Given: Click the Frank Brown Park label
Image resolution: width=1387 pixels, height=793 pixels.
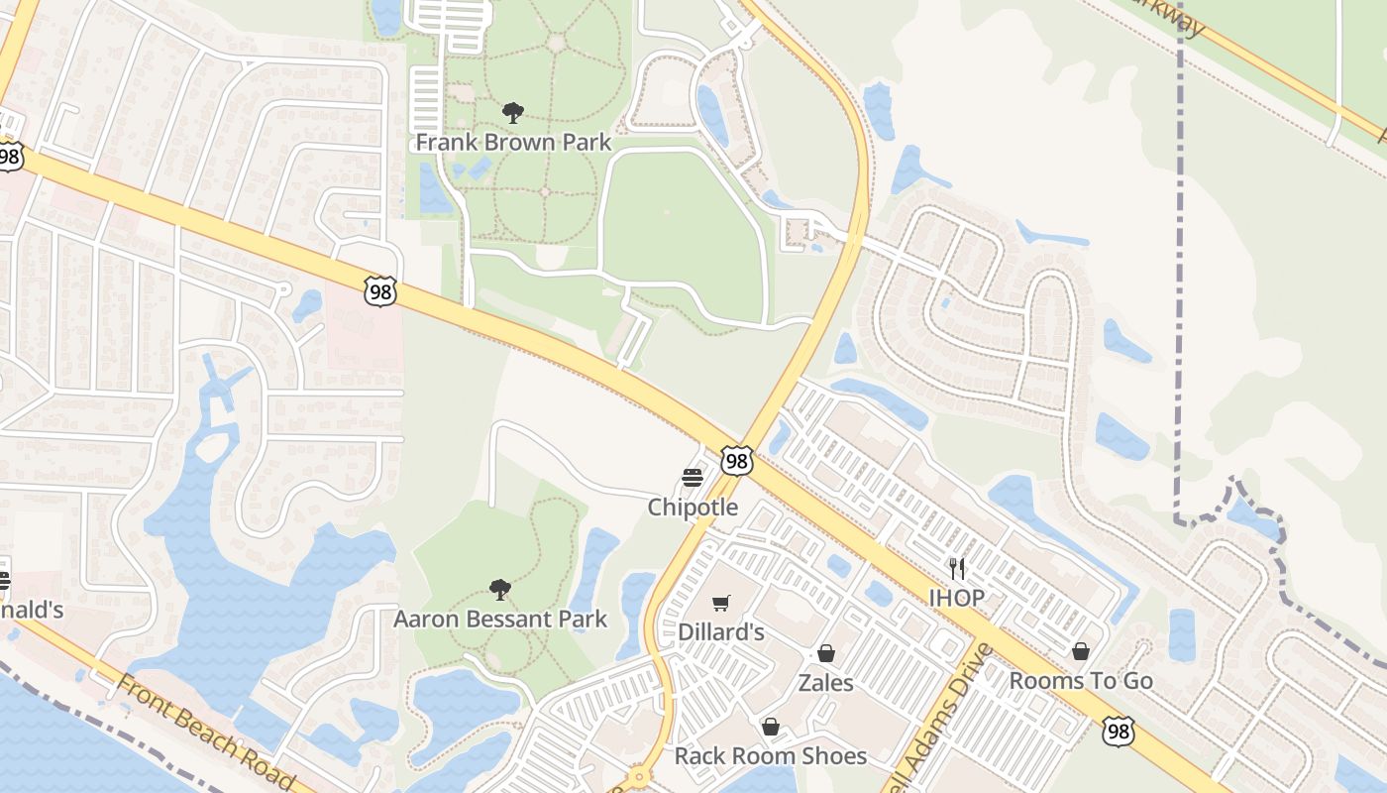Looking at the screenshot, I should click(x=513, y=143).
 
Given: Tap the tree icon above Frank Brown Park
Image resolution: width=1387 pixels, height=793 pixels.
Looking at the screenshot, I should click(x=512, y=112).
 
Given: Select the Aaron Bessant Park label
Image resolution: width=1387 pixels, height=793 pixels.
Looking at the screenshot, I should click(x=500, y=620).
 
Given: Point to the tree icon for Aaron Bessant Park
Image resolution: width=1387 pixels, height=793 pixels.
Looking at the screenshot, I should click(x=500, y=590).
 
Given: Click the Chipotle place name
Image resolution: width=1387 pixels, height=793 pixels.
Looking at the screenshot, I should click(x=693, y=508).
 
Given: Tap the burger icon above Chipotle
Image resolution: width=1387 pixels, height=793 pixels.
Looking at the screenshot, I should click(x=693, y=479).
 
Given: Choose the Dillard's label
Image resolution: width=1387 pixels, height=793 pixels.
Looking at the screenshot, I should click(x=721, y=632).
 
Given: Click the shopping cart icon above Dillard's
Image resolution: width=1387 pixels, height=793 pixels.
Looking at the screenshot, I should click(x=721, y=604).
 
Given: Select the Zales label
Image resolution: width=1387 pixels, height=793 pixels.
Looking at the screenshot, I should click(x=826, y=683).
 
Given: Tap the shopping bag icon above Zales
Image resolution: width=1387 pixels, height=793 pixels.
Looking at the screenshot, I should click(x=826, y=654).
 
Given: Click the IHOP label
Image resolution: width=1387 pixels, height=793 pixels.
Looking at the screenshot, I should click(x=956, y=598).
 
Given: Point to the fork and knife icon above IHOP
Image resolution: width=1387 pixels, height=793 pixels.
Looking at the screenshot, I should click(x=956, y=569).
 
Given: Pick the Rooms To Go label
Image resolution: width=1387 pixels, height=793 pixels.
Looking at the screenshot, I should click(x=1081, y=681).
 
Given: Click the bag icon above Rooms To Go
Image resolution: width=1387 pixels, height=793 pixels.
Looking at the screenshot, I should click(x=1081, y=652).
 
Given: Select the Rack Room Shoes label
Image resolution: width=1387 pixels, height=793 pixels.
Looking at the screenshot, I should click(x=771, y=756).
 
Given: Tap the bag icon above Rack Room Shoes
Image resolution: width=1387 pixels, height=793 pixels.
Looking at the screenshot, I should click(x=771, y=728).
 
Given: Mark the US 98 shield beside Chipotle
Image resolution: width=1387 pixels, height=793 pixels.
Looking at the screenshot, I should click(x=736, y=461).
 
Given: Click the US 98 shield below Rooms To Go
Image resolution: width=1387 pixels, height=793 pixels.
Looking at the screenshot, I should click(x=1118, y=733).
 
